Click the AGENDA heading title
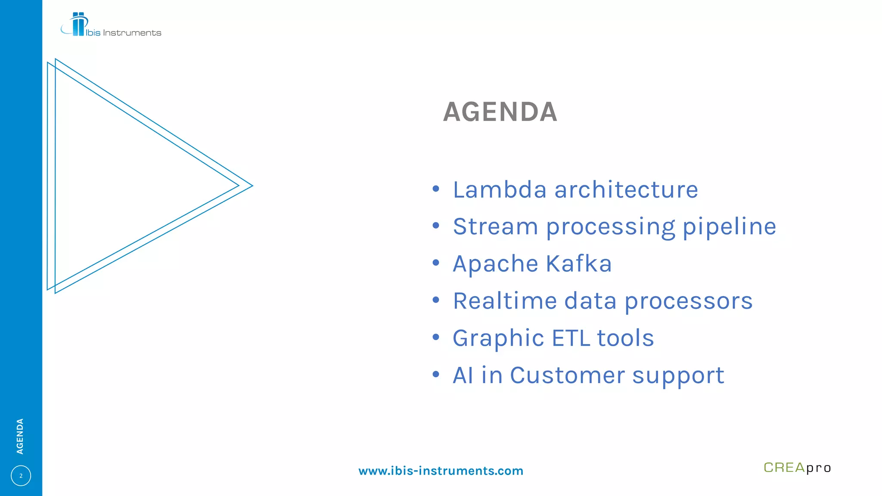[500, 112]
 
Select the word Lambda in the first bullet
[500, 189]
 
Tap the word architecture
[626, 189]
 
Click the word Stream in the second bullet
[495, 226]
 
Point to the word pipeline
[730, 226]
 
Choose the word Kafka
[578, 263]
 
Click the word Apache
[495, 263]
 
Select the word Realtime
[505, 301]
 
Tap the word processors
[688, 301]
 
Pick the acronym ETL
[571, 338]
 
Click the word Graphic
[498, 338]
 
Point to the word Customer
[567, 375]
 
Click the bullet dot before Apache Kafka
[436, 263]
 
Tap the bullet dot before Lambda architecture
[436, 189]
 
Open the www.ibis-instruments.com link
[441, 471]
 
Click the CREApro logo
[797, 468]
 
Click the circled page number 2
[21, 476]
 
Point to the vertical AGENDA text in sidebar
[20, 436]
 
